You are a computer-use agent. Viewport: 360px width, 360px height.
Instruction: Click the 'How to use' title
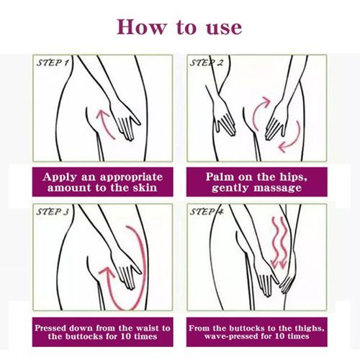[x=179, y=27]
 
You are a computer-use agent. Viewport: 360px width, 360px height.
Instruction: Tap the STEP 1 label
[x=53, y=63]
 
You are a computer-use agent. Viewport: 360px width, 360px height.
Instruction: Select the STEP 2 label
[x=207, y=63]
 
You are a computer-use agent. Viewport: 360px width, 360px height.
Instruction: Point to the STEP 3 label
[x=53, y=212]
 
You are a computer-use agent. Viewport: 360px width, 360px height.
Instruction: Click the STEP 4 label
[x=207, y=212]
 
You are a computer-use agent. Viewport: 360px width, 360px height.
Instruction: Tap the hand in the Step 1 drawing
[x=124, y=120]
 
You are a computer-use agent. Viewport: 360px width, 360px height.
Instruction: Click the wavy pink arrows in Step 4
[x=279, y=243]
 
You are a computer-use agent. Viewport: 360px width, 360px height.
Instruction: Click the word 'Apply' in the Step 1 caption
[x=60, y=177]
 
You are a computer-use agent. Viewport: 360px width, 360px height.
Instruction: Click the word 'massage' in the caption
[x=278, y=188]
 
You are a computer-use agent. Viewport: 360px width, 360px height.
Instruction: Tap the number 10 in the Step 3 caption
[x=127, y=336]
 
